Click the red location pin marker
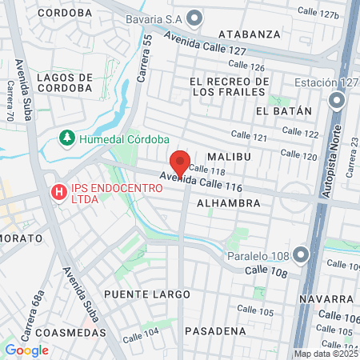[180, 163]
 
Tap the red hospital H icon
[58, 192]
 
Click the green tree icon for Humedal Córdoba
[69, 138]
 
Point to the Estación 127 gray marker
[337, 101]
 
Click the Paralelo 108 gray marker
[301, 255]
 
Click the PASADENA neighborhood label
[215, 330]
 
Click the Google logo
[26, 350]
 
